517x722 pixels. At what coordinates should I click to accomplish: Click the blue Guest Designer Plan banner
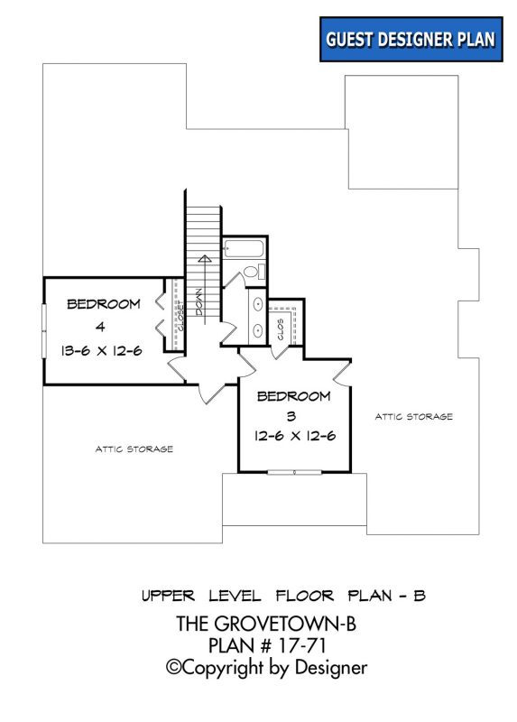pyautogui.click(x=411, y=40)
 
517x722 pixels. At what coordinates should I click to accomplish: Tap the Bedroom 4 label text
pyautogui.click(x=104, y=304)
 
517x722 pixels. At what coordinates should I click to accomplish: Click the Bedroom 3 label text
pyautogui.click(x=294, y=396)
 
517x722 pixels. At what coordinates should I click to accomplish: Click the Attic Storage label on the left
pyautogui.click(x=134, y=449)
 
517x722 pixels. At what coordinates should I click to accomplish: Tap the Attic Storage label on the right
pyautogui.click(x=414, y=416)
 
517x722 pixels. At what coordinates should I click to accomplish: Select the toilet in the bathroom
pyautogui.click(x=252, y=271)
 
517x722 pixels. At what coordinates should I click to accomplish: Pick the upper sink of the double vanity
pyautogui.click(x=257, y=303)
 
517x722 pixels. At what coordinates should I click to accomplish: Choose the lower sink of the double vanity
pyautogui.click(x=257, y=330)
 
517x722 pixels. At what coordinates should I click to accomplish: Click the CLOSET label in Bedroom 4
pyautogui.click(x=180, y=316)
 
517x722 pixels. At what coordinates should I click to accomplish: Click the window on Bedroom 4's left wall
pyautogui.click(x=43, y=330)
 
